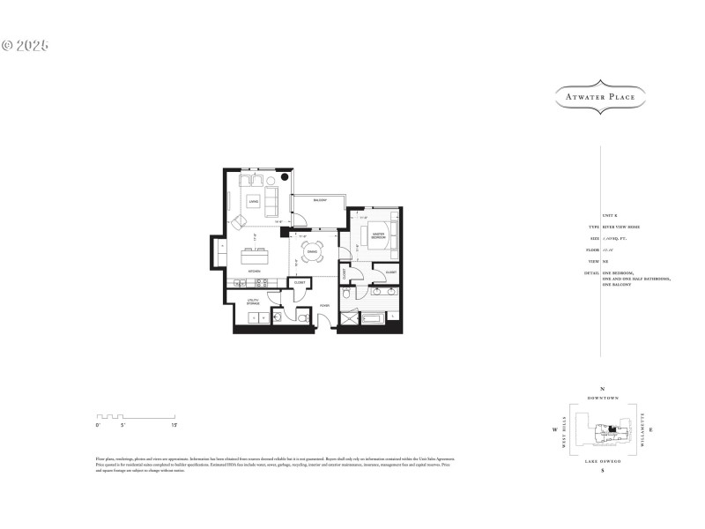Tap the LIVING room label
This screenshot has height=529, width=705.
pyautogui.click(x=253, y=203)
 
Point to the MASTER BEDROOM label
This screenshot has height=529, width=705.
pyautogui.click(x=377, y=237)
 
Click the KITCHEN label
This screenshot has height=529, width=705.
pyautogui.click(x=254, y=271)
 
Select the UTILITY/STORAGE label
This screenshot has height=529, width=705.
pyautogui.click(x=253, y=302)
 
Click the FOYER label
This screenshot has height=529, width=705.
pyautogui.click(x=323, y=305)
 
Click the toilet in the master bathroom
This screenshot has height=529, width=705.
pyautogui.click(x=346, y=294)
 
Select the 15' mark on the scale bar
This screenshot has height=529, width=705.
pyautogui.click(x=175, y=425)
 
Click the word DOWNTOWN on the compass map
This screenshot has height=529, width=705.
pyautogui.click(x=603, y=399)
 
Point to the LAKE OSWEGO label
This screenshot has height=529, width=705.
pyautogui.click(x=603, y=461)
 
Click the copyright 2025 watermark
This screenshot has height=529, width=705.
pyautogui.click(x=26, y=44)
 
